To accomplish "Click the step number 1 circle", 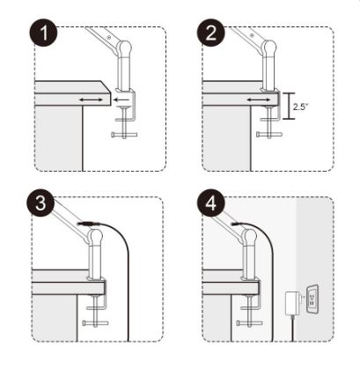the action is click(43, 32).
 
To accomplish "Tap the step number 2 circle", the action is click(211, 32).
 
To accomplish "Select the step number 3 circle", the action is click(40, 203).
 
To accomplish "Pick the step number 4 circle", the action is click(211, 203).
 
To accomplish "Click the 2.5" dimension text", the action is click(299, 107).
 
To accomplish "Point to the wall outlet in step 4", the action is click(312, 299).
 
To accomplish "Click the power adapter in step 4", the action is click(292, 302).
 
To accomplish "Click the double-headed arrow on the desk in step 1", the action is click(91, 100).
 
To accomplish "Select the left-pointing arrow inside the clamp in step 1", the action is click(121, 100).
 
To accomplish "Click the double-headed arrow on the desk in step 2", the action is click(259, 100).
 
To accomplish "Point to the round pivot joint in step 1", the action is click(125, 48).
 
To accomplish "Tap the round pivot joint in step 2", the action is click(269, 47).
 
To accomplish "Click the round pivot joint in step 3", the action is click(96, 236).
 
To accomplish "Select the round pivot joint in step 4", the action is click(250, 236).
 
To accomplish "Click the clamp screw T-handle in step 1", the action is click(124, 135).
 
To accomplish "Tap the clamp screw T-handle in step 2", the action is click(269, 134).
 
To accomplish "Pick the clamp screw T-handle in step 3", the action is click(95, 323).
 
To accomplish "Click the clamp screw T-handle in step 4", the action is click(249, 323).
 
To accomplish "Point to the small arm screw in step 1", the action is click(109, 37).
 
